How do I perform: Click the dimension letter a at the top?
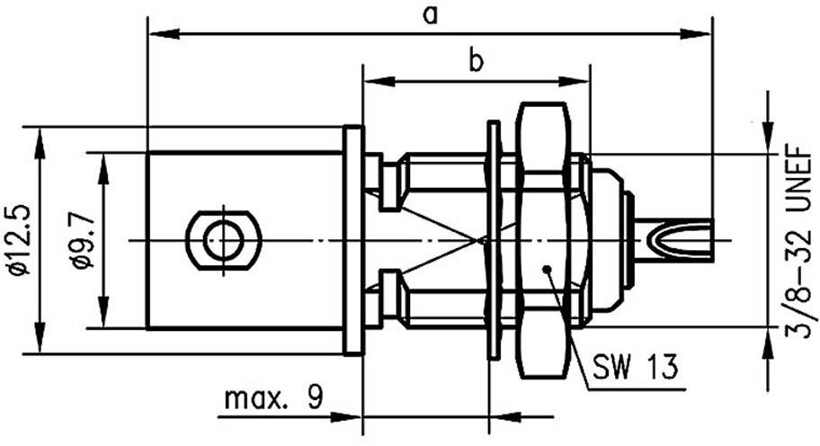(431, 14)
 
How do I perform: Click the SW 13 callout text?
(635, 367)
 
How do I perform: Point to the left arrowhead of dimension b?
(374, 82)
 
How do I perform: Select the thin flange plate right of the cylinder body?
(353, 240)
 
